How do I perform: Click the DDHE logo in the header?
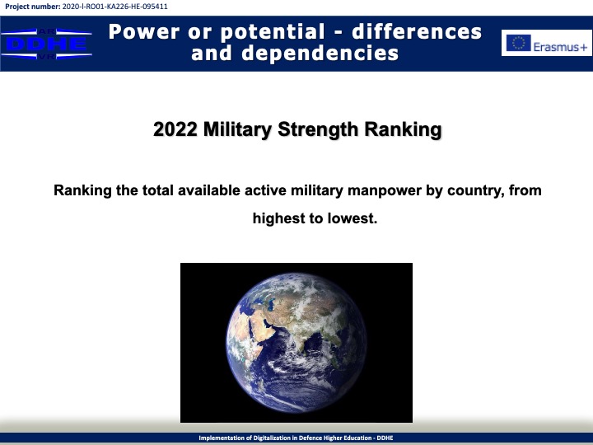(46, 44)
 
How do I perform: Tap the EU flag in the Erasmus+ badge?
(519, 43)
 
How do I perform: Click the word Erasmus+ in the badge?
(560, 47)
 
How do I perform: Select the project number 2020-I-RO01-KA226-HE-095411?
(115, 7)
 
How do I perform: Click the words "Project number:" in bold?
(32, 7)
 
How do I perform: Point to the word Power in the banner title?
(143, 32)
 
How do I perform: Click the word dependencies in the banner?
(320, 53)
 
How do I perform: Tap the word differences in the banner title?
(417, 32)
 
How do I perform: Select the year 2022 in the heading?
(175, 129)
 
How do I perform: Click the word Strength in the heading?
(318, 130)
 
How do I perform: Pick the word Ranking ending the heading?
(403, 130)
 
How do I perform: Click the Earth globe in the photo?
(296, 343)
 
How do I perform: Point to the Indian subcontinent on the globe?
(300, 336)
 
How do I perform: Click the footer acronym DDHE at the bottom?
(385, 438)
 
